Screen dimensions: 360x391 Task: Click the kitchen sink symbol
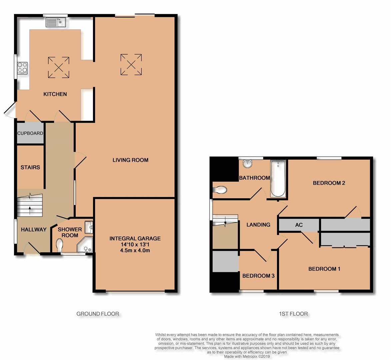[56, 22]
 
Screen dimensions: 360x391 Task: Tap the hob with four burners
[23, 68]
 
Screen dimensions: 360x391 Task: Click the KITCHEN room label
[55, 94]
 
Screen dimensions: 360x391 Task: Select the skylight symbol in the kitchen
[59, 68]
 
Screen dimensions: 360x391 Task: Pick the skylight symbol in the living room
[131, 65]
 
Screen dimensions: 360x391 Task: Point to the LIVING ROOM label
[130, 160]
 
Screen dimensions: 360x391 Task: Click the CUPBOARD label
[30, 133]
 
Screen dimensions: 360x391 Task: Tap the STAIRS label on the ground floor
[30, 167]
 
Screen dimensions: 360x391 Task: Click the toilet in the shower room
[60, 246]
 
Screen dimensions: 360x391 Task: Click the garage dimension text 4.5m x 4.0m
[135, 250]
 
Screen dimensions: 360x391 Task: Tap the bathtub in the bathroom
[278, 178]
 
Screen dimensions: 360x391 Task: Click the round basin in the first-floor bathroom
[248, 164]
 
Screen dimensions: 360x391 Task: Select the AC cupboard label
[299, 225]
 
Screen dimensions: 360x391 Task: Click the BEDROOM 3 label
[258, 276]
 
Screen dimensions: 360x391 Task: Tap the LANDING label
[258, 225]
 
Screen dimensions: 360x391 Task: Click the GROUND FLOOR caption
[98, 314]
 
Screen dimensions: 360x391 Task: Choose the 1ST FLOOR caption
[293, 314]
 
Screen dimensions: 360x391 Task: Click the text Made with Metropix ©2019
[247, 356]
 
